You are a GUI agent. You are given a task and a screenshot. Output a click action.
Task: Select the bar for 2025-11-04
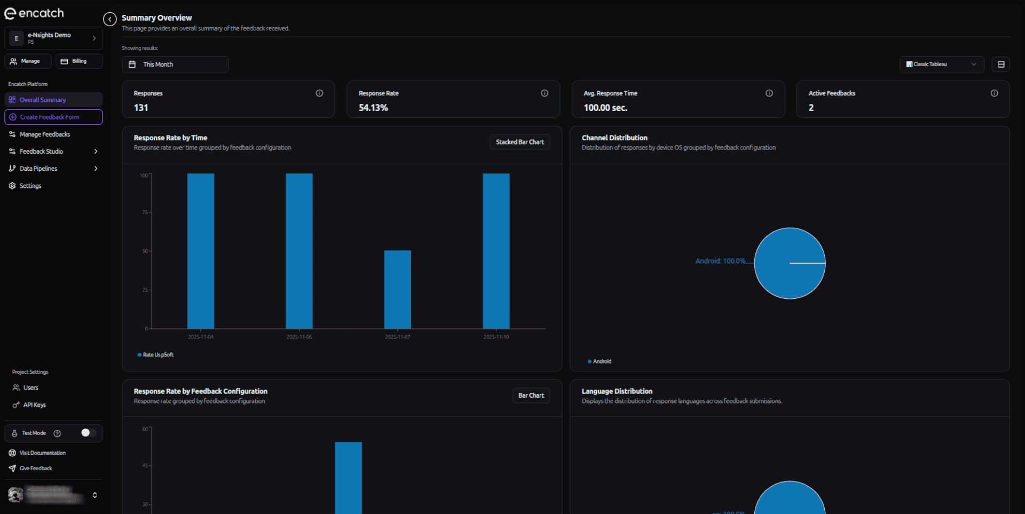(x=201, y=251)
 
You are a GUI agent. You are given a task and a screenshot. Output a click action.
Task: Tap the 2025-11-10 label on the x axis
(x=496, y=337)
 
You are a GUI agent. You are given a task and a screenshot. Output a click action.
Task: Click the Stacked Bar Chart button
(x=519, y=142)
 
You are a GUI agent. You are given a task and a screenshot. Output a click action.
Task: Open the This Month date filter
(x=175, y=65)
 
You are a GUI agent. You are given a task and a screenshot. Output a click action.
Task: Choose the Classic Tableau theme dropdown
(x=941, y=65)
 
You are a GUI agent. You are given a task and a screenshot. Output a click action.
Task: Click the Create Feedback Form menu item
(x=53, y=117)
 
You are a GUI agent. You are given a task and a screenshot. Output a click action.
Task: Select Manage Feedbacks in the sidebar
(x=45, y=135)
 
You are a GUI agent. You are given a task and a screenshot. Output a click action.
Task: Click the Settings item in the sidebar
(x=30, y=186)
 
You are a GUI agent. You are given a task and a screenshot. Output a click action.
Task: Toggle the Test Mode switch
(x=88, y=433)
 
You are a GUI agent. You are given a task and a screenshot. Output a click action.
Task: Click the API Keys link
(x=34, y=405)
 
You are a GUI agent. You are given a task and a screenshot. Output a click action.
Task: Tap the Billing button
(x=78, y=61)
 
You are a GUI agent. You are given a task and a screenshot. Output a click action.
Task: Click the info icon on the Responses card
(x=319, y=93)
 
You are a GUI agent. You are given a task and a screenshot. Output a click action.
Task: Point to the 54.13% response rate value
(x=373, y=108)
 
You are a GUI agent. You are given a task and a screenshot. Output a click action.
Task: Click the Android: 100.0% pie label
(x=720, y=261)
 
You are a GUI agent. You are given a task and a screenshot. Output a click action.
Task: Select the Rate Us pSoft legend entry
(x=157, y=355)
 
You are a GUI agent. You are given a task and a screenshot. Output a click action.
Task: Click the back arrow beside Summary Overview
(x=110, y=19)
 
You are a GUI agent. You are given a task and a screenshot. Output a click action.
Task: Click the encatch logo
(x=34, y=13)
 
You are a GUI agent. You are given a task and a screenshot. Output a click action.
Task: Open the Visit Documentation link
(x=42, y=453)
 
